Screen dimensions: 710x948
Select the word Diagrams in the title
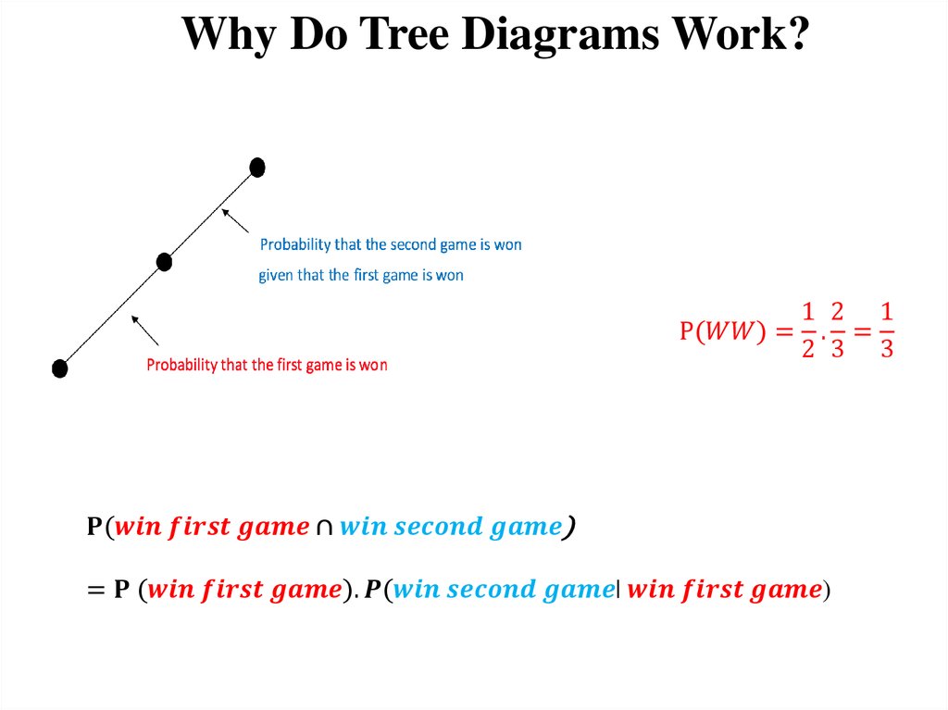click(556, 35)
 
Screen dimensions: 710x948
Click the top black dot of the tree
click(257, 168)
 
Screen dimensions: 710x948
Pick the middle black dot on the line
click(164, 262)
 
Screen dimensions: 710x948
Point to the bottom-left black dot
click(59, 368)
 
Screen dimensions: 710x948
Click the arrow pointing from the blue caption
click(235, 220)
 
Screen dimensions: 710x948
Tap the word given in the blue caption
click(275, 275)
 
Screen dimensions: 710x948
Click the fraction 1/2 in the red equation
click(807, 330)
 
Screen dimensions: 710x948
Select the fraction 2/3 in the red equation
click(837, 330)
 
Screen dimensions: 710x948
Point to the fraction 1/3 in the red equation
click(886, 330)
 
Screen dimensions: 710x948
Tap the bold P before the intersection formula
click(94, 528)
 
